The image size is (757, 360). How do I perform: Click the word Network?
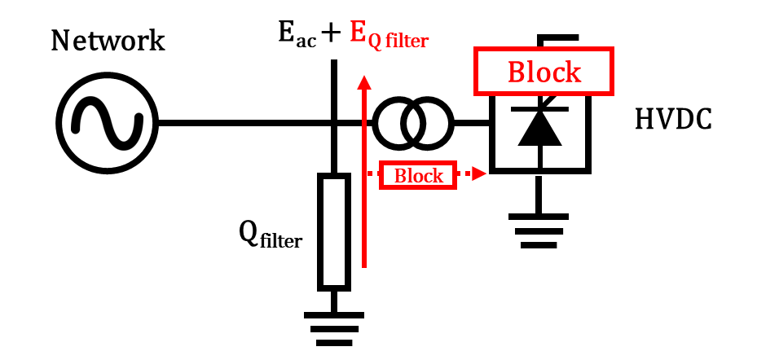point(108,40)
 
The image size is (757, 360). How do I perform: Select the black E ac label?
point(302,33)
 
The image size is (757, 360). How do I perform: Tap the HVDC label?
point(673,121)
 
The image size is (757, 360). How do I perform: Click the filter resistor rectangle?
point(333,231)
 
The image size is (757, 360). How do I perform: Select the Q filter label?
point(270,235)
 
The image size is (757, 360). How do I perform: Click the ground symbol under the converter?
point(538,229)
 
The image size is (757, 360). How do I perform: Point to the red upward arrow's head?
point(364,81)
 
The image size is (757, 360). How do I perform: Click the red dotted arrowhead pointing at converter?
point(481,173)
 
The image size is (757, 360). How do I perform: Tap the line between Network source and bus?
point(236,123)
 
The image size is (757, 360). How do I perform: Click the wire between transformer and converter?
point(471,123)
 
